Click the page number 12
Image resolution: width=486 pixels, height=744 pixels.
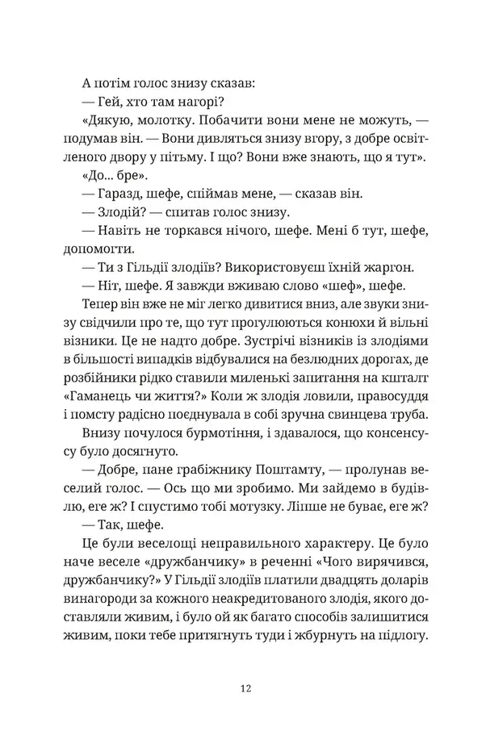(243, 688)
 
